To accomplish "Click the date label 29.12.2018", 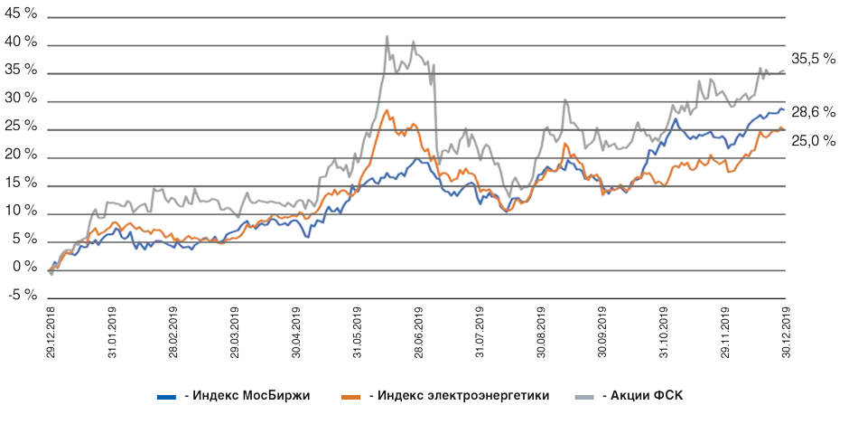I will [x=50, y=335].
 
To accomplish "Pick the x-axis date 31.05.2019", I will [x=357, y=335].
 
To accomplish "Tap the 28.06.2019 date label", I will [x=418, y=335].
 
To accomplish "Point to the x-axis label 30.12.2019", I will [x=786, y=335].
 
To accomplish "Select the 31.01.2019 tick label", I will [x=111, y=335].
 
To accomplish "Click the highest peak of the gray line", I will [x=387, y=37].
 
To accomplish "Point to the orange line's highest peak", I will [x=387, y=111].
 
